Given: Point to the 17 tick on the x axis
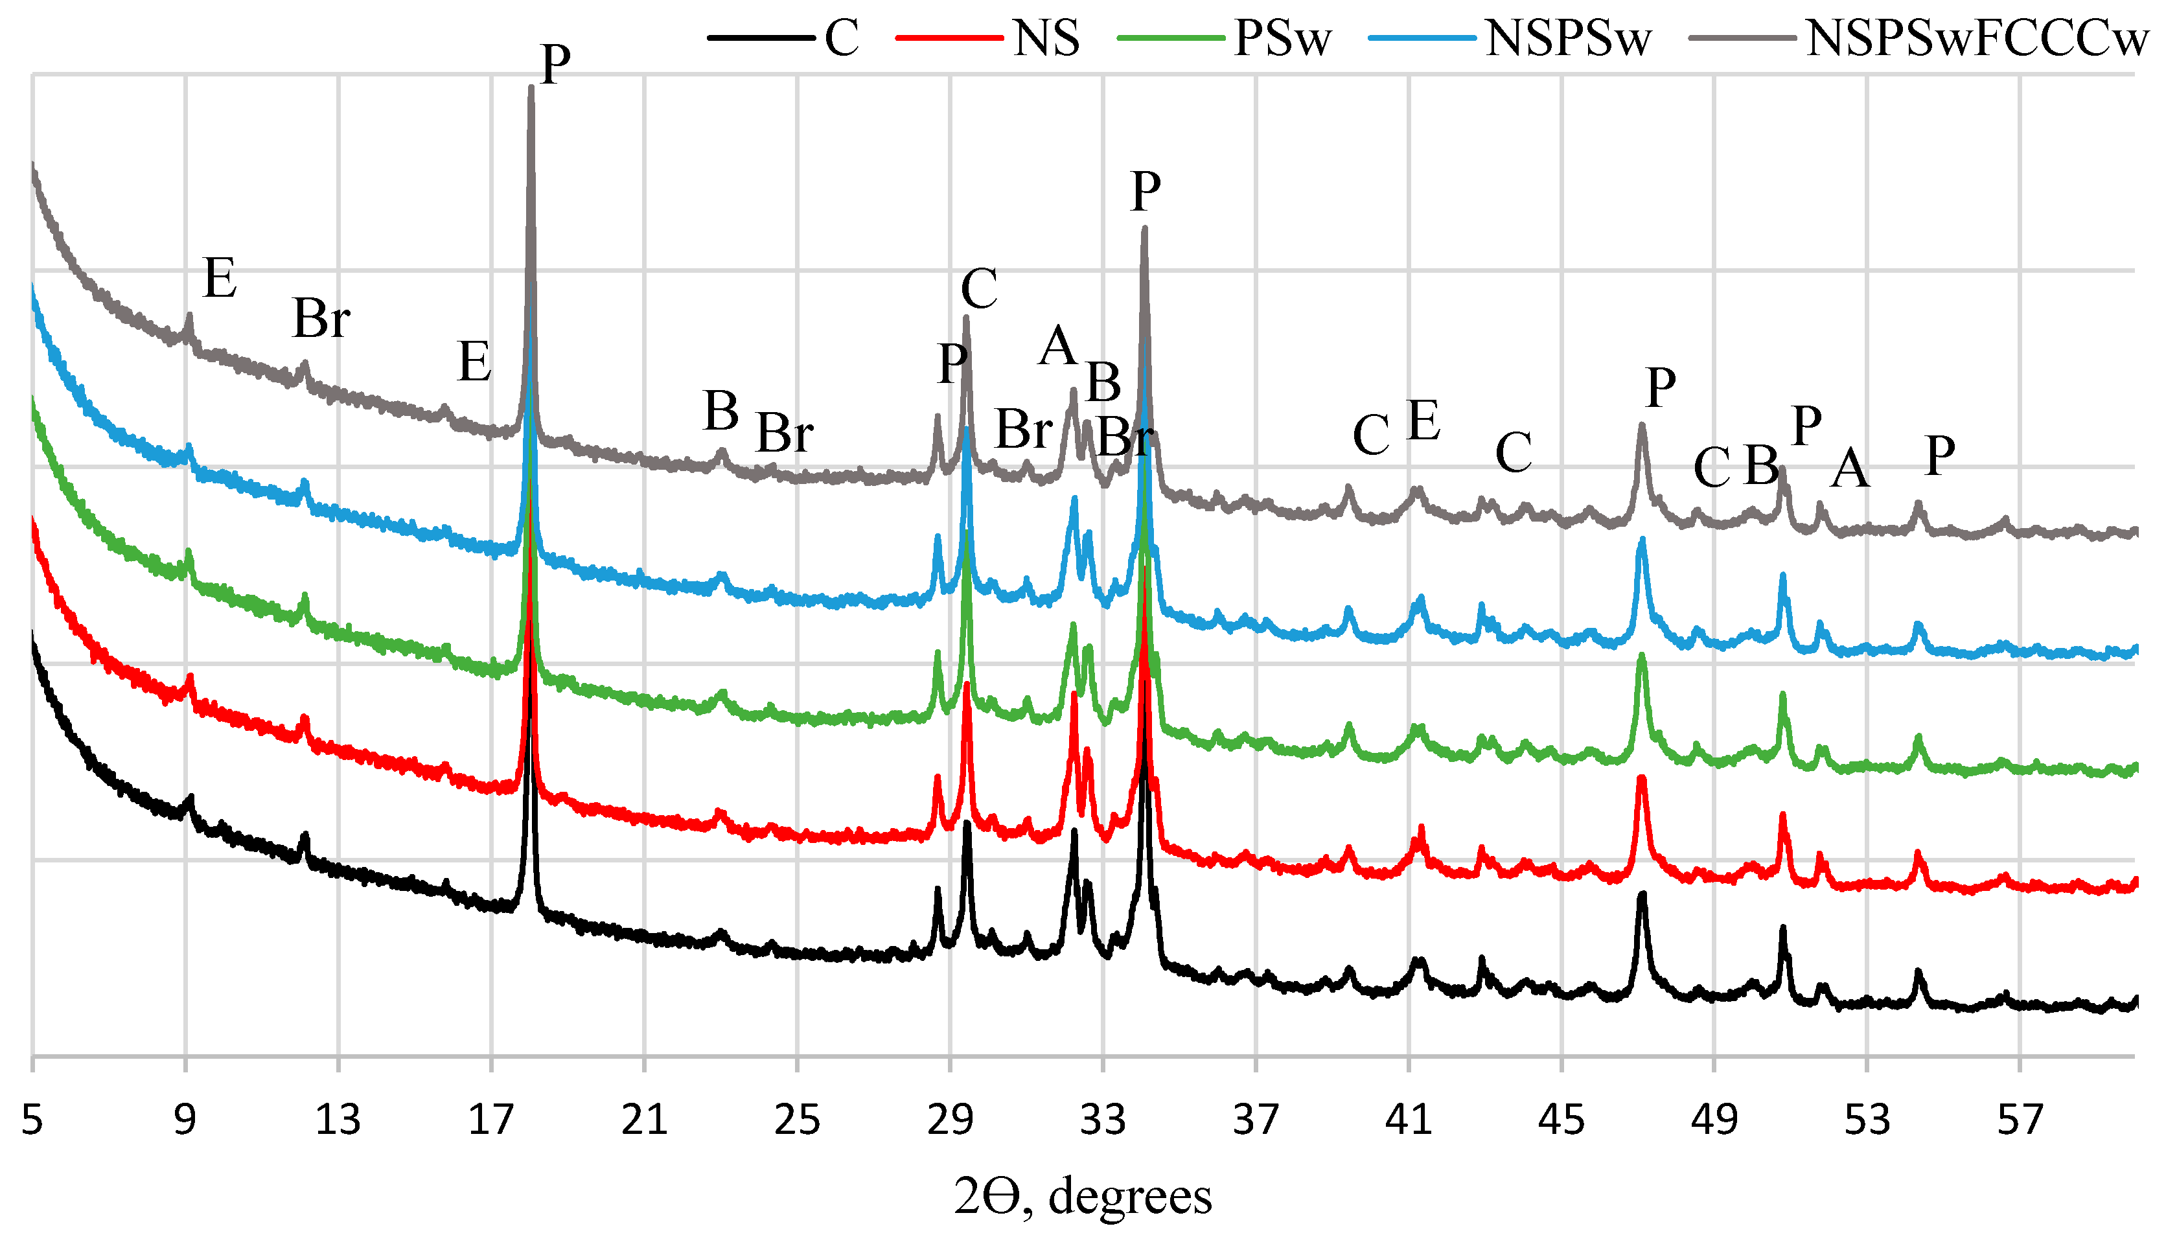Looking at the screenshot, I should pyautogui.click(x=491, y=1120).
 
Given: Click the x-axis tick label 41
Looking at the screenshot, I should pyautogui.click(x=1408, y=1120).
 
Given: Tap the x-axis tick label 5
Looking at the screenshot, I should pyautogui.click(x=32, y=1120).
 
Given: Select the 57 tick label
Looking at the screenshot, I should pyautogui.click(x=2020, y=1120).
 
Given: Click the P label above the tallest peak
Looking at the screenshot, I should pyautogui.click(x=555, y=63).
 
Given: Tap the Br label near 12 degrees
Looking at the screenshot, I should pyautogui.click(x=321, y=320).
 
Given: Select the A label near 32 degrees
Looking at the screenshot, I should pyautogui.click(x=1057, y=346).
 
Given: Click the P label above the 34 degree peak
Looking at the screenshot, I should pyautogui.click(x=1145, y=192).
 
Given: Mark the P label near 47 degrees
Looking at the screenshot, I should pyautogui.click(x=1661, y=389).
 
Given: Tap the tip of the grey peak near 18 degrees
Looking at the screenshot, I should pyautogui.click(x=531, y=87).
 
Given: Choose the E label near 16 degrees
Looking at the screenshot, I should pyautogui.click(x=474, y=362).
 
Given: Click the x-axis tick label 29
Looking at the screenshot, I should pyautogui.click(x=950, y=1120).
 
